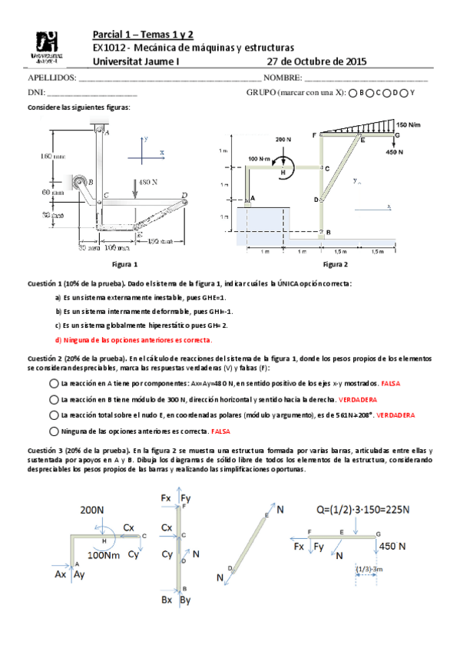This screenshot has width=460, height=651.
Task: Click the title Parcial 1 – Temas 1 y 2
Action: [143, 35]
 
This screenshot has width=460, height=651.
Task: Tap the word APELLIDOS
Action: [51, 78]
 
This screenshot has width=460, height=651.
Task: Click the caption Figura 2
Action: [336, 264]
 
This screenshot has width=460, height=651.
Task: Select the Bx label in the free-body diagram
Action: [167, 600]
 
